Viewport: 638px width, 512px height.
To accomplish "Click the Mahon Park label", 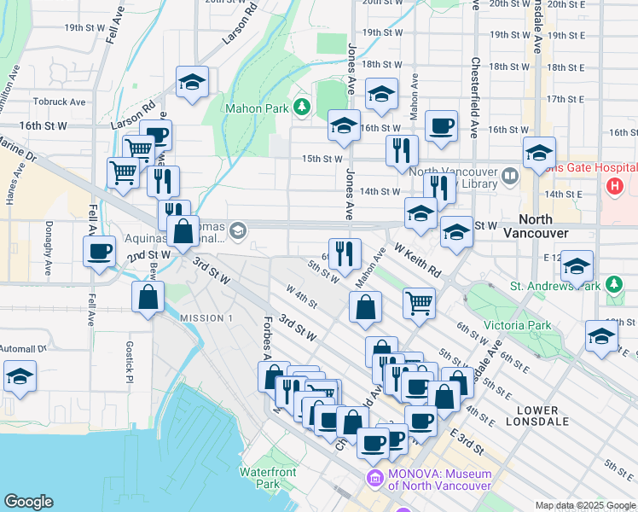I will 256,108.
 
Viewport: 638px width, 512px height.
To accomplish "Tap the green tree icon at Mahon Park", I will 301,107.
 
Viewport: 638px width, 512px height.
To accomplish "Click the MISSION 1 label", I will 206,317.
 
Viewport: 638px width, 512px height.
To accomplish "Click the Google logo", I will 28,502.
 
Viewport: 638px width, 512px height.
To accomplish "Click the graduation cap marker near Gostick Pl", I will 20,376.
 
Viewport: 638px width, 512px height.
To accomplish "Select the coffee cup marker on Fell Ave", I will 100,251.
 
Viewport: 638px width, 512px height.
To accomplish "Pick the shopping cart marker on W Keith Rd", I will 418,302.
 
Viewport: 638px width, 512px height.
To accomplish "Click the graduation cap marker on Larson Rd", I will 193,83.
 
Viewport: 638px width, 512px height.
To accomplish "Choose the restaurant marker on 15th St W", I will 401,150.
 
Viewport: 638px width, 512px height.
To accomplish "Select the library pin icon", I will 510,177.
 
